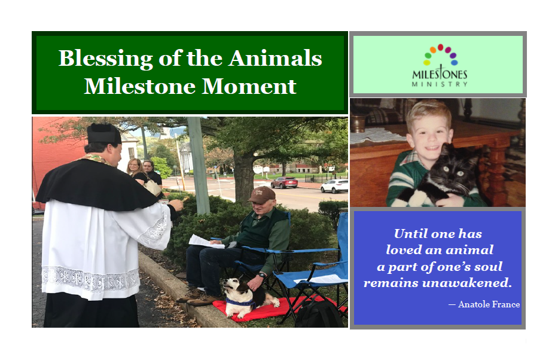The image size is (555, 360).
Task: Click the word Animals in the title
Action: click(275, 58)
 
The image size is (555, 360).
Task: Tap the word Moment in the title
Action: click(249, 86)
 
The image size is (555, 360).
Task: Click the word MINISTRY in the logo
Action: click(440, 84)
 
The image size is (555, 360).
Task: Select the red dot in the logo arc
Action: click(440, 47)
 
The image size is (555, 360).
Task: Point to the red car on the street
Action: click(284, 182)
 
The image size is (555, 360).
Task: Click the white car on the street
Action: click(334, 186)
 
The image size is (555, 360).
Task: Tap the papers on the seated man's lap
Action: click(206, 242)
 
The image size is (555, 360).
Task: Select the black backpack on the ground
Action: click(319, 313)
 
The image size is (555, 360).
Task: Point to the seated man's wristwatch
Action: click(262, 274)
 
